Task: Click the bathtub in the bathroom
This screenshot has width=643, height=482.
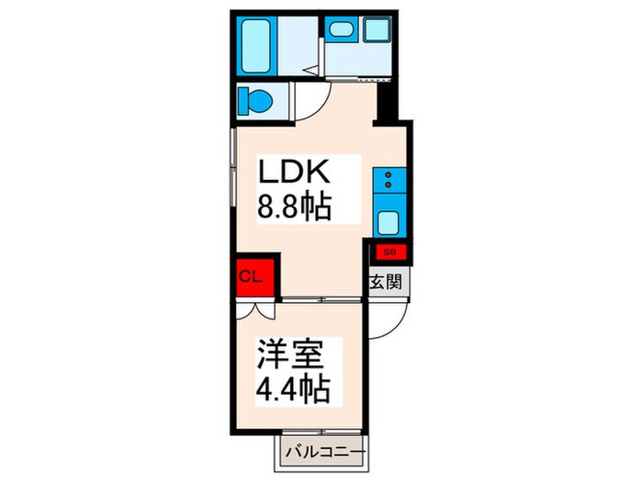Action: [x=256, y=45]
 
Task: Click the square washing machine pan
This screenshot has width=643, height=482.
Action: [x=378, y=29]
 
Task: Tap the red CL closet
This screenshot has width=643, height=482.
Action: [x=251, y=276]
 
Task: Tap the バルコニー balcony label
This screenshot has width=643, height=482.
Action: [x=324, y=453]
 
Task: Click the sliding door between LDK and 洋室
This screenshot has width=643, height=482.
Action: [x=321, y=300]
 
